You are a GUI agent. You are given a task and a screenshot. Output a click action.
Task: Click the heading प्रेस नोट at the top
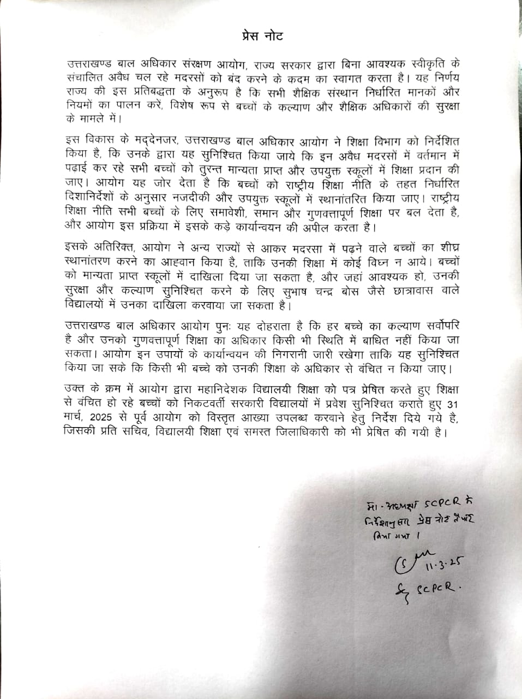(262, 37)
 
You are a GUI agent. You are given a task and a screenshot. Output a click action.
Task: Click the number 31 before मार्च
(453, 405)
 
